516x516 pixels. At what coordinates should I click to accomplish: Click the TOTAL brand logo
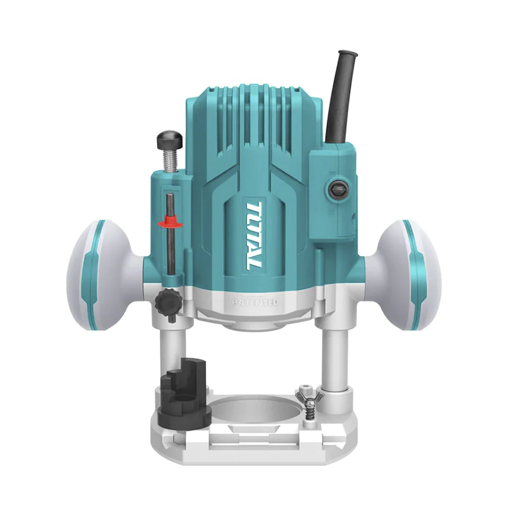[x=253, y=235]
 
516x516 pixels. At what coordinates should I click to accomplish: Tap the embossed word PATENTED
[x=255, y=302]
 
